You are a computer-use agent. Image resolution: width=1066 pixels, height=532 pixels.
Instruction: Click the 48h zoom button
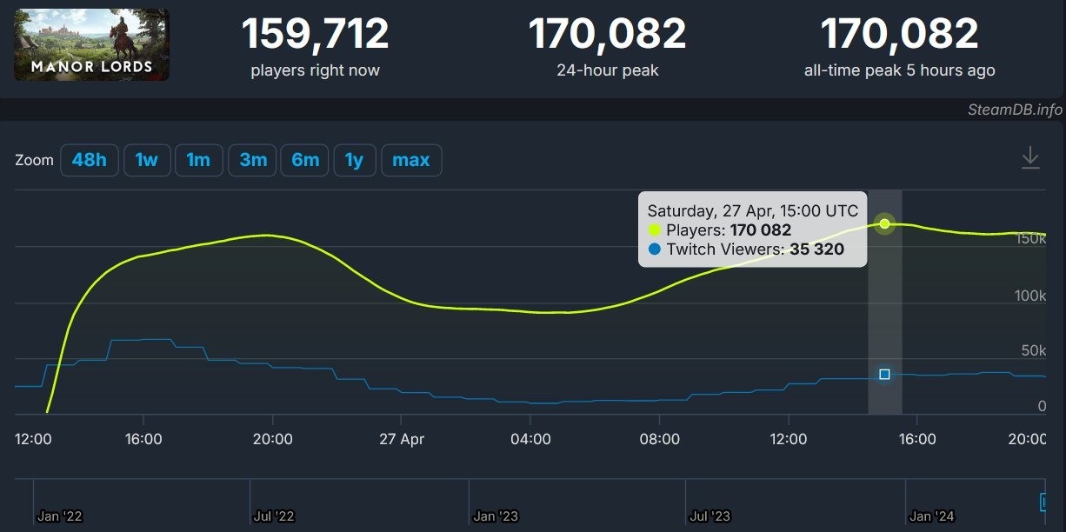pos(90,160)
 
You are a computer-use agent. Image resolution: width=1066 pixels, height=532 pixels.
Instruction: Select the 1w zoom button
pos(146,160)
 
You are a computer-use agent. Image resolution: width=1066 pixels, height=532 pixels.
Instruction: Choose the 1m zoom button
pos(198,160)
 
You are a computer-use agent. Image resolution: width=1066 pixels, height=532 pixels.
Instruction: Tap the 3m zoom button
pos(253,160)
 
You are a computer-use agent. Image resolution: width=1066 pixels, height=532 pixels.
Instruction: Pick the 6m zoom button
pos(305,160)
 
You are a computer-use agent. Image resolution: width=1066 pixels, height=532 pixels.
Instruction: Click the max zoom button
pos(411,160)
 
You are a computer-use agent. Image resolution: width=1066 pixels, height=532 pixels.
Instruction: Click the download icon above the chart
pos(1030,158)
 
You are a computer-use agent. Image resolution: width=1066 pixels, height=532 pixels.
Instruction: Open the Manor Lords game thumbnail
pos(91,44)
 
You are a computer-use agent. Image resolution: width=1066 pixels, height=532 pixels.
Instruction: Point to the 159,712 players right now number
pos(315,34)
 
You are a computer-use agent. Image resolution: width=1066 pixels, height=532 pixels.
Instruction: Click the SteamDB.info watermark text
pos(1015,110)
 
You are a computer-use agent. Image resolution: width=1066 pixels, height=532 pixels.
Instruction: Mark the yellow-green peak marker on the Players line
pos(884,224)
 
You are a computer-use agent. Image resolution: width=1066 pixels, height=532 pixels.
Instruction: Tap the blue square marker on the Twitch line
pos(884,374)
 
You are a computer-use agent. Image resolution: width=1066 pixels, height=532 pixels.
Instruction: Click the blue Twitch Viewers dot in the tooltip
pos(655,250)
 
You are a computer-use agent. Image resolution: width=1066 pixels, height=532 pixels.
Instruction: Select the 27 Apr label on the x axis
pos(401,439)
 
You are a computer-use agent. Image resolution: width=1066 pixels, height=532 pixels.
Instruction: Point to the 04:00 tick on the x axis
pos(530,439)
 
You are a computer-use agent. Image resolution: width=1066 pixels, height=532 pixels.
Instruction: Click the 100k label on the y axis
pos(1030,296)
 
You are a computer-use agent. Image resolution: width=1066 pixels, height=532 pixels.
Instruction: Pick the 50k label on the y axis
pos(1034,350)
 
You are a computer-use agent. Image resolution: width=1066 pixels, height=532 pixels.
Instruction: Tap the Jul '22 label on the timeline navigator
pos(274,516)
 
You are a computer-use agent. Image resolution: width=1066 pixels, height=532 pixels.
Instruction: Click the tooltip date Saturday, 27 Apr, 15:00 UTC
pos(752,210)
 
